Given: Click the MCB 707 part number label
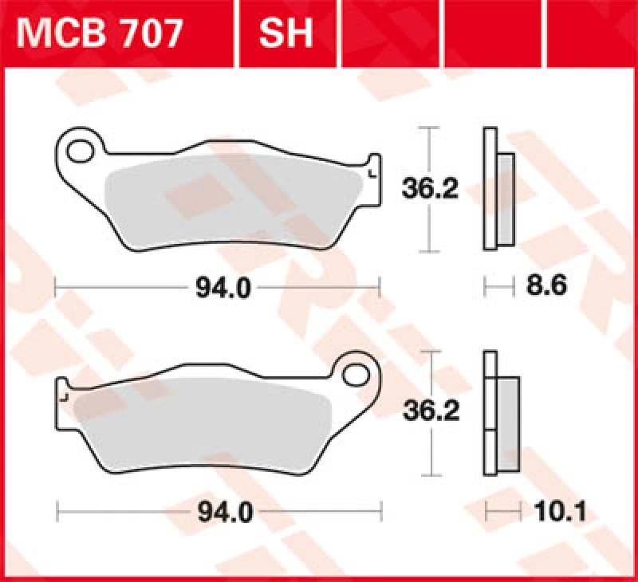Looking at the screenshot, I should tap(100, 34).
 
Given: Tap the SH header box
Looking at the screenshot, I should tap(286, 34).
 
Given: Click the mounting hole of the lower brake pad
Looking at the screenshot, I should tap(360, 372).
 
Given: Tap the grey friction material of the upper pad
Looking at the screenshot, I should tap(231, 195).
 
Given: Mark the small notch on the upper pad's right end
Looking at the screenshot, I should tap(372, 170).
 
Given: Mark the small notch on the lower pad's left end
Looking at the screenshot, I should tap(65, 394).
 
